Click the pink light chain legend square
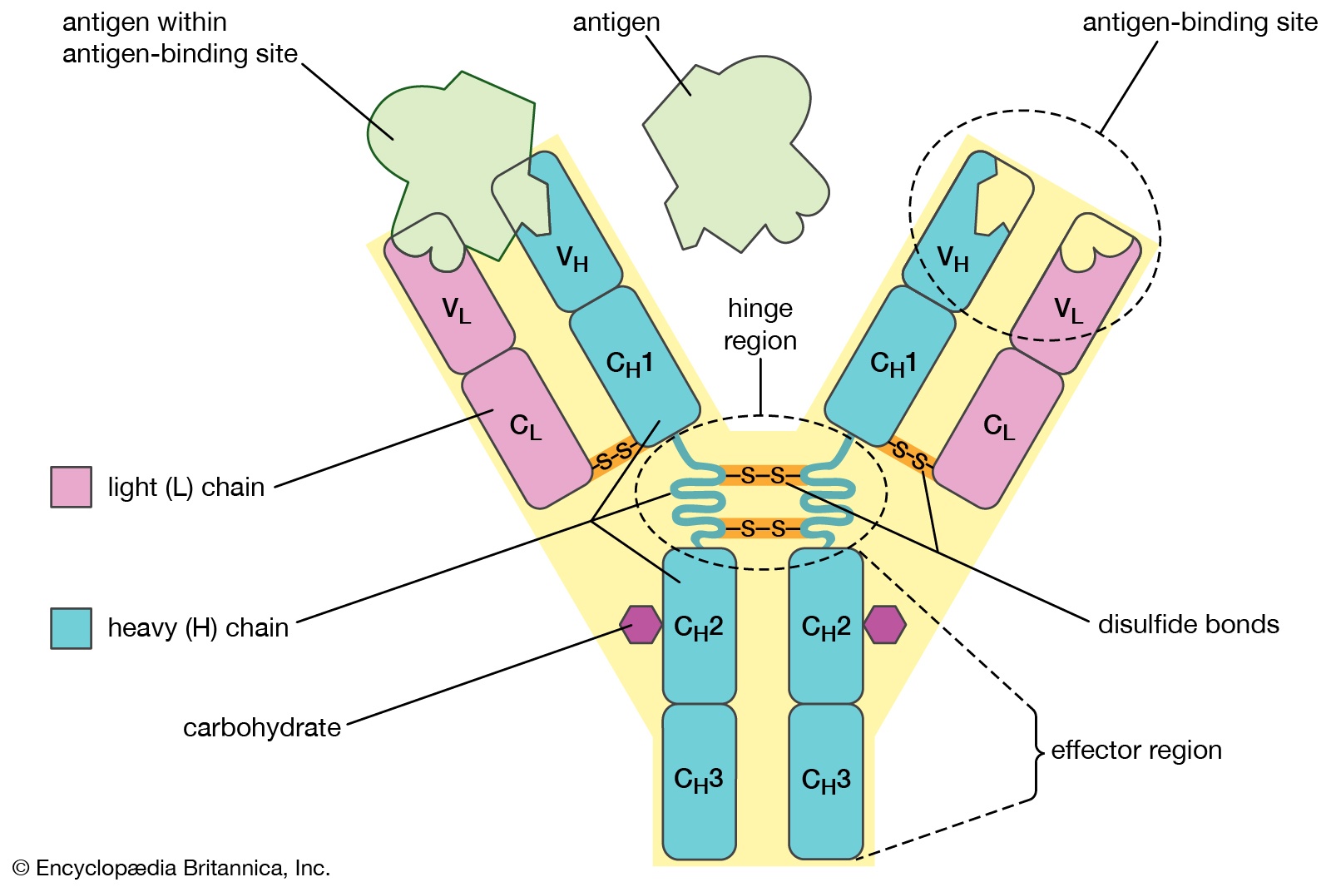coord(71,487)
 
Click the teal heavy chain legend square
coord(71,627)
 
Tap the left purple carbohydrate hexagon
coord(641,624)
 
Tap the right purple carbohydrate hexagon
coord(884,624)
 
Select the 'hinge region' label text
coord(760,325)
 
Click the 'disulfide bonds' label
coord(1188,624)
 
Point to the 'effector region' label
coord(1136,750)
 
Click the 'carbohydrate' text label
coord(262,727)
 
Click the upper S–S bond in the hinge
coord(762,476)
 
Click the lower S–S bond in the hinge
coord(762,528)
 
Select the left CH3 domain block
coord(699,780)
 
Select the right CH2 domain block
coord(825,626)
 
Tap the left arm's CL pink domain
coord(526,427)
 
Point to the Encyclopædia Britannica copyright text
coord(171,868)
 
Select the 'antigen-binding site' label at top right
coord(1200,22)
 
